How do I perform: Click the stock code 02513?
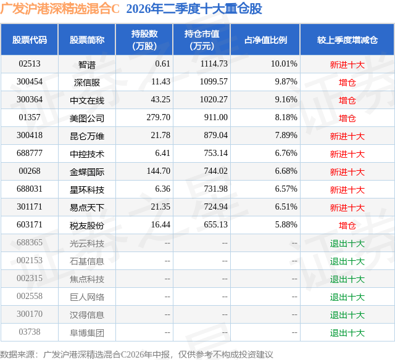(x=30, y=63)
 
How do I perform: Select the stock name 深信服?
(x=87, y=82)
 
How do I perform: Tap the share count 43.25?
(x=160, y=99)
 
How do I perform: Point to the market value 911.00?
(x=215, y=117)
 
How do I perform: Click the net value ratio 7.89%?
(x=286, y=135)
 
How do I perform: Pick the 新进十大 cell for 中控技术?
(x=347, y=154)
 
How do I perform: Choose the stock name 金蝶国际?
(x=87, y=172)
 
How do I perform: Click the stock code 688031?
(x=30, y=189)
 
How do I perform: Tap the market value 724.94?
(x=215, y=207)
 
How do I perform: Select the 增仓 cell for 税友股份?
(x=347, y=226)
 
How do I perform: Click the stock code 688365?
(x=30, y=242)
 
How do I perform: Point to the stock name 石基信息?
(x=87, y=261)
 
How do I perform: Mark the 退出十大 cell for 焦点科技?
(x=347, y=279)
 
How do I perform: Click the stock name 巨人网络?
(x=87, y=297)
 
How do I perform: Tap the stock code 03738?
(x=30, y=332)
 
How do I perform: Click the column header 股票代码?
(x=30, y=39)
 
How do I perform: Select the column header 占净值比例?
(x=265, y=39)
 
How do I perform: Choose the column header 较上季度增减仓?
(x=347, y=39)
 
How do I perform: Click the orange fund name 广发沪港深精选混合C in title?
(x=60, y=9)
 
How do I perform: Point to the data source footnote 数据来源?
(x=17, y=354)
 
